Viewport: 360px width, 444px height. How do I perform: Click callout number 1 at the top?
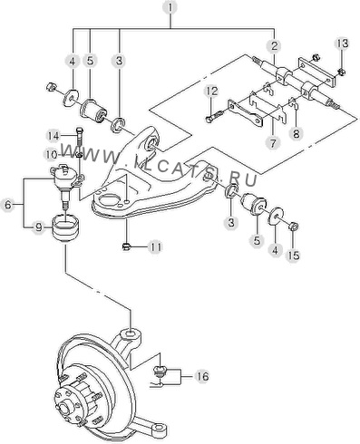point(170,7)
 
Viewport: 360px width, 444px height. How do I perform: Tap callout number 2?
point(274,46)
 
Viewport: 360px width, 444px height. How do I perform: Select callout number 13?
point(342,43)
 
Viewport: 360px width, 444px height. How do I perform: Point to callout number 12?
point(212,91)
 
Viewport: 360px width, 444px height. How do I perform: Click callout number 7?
point(273,142)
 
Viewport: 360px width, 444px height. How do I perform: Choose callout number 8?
point(296,133)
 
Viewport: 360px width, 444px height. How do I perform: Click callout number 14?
point(54,136)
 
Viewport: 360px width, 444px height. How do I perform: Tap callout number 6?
point(7,205)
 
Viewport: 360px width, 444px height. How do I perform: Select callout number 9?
point(39,227)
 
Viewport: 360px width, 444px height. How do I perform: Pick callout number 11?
point(156,247)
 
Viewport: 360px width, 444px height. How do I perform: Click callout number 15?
point(294,256)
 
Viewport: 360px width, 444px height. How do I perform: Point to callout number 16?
point(202,376)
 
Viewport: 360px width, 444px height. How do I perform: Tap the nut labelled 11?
point(126,247)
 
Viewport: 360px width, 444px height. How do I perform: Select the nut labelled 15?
point(293,226)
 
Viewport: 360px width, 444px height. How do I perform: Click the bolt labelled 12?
point(215,116)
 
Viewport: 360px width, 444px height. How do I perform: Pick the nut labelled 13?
point(341,72)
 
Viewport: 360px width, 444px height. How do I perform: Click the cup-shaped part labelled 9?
point(65,227)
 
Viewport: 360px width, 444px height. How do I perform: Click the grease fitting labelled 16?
point(159,371)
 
